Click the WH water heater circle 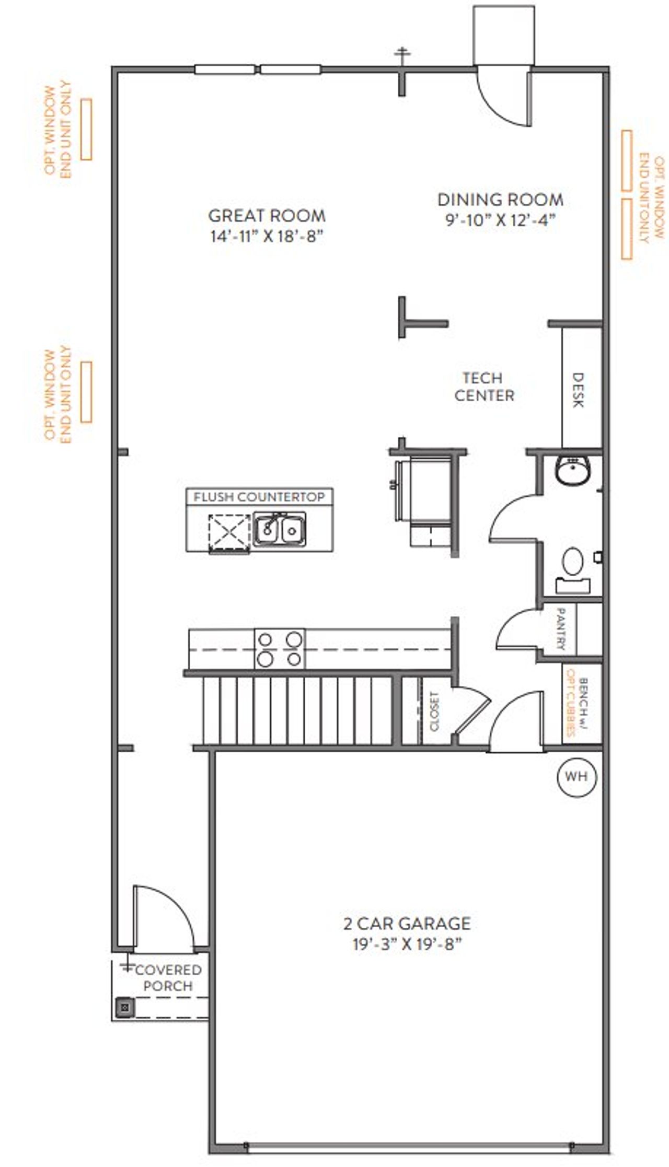(576, 776)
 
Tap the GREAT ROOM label (267, 215)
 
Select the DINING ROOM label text (500, 200)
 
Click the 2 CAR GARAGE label (407, 923)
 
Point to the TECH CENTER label (484, 387)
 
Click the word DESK (578, 390)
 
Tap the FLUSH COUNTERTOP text (259, 496)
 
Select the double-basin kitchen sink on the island (280, 529)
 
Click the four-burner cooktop (280, 648)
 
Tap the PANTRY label (560, 629)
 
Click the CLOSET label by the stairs (435, 711)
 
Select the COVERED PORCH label (167, 978)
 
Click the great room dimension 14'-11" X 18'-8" (267, 236)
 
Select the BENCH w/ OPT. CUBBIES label (578, 706)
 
